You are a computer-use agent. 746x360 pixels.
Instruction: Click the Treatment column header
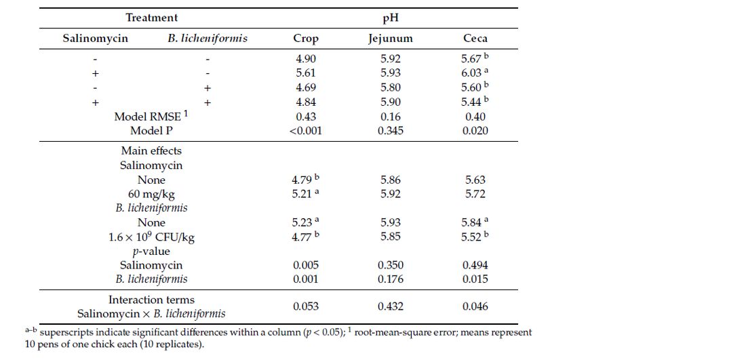[152, 18]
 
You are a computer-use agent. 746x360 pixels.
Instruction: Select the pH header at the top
[391, 18]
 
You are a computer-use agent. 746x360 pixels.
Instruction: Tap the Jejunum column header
[390, 39]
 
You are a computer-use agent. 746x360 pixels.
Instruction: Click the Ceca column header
[475, 39]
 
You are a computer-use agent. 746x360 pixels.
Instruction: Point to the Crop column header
[305, 39]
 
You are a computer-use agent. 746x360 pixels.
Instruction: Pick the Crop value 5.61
[305, 73]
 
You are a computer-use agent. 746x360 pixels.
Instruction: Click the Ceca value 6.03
[473, 73]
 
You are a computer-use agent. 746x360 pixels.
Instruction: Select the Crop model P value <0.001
[305, 131]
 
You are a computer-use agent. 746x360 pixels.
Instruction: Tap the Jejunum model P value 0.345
[390, 131]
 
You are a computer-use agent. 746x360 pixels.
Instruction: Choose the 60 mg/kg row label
[151, 194]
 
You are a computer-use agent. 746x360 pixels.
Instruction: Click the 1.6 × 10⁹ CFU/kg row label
[151, 237]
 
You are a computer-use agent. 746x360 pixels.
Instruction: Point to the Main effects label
[151, 151]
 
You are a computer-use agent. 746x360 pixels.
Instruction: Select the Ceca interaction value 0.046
[475, 306]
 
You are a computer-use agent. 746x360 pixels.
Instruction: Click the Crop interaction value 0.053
[305, 306]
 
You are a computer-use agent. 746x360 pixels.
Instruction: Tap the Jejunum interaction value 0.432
[390, 306]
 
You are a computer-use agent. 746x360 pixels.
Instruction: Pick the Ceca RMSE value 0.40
[475, 117]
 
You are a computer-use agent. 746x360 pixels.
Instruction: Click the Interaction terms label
[151, 300]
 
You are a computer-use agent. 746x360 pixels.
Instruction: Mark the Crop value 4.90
[305, 59]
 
